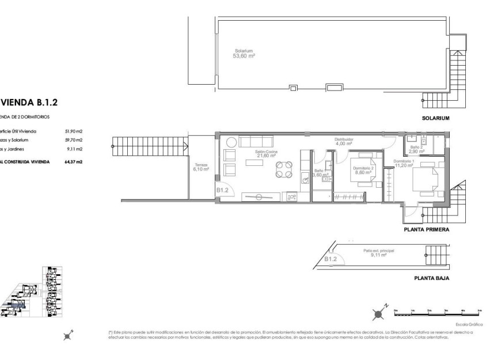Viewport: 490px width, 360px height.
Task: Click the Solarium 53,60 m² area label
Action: [244, 53]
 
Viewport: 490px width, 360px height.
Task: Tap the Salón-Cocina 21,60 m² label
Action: [266, 154]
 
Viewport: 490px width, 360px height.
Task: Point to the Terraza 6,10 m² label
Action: [201, 168]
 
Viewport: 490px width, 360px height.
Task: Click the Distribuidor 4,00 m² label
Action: [344, 142]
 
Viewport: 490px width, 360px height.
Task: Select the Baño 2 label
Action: [417, 149]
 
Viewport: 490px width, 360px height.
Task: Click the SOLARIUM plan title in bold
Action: [435, 118]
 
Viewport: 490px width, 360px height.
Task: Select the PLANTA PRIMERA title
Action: [427, 229]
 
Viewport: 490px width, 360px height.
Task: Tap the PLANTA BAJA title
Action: [431, 278]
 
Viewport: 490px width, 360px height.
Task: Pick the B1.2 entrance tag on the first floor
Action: [223, 190]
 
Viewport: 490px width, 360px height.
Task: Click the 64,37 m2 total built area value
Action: [74, 162]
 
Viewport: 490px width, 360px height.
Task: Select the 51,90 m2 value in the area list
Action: [74, 131]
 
